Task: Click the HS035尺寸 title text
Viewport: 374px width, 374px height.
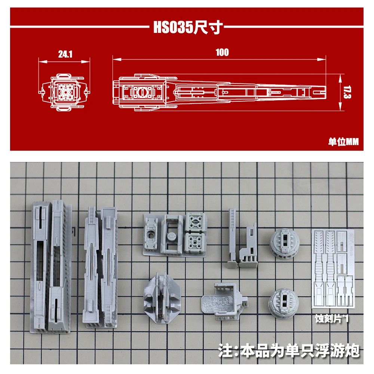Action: coord(188,28)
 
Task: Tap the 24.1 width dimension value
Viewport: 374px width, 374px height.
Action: coord(65,55)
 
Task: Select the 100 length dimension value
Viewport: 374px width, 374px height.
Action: coord(222,52)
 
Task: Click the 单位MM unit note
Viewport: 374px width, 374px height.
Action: coord(343,142)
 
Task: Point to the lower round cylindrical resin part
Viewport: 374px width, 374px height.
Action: coord(283,301)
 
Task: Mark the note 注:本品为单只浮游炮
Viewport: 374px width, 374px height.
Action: coord(288,351)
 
